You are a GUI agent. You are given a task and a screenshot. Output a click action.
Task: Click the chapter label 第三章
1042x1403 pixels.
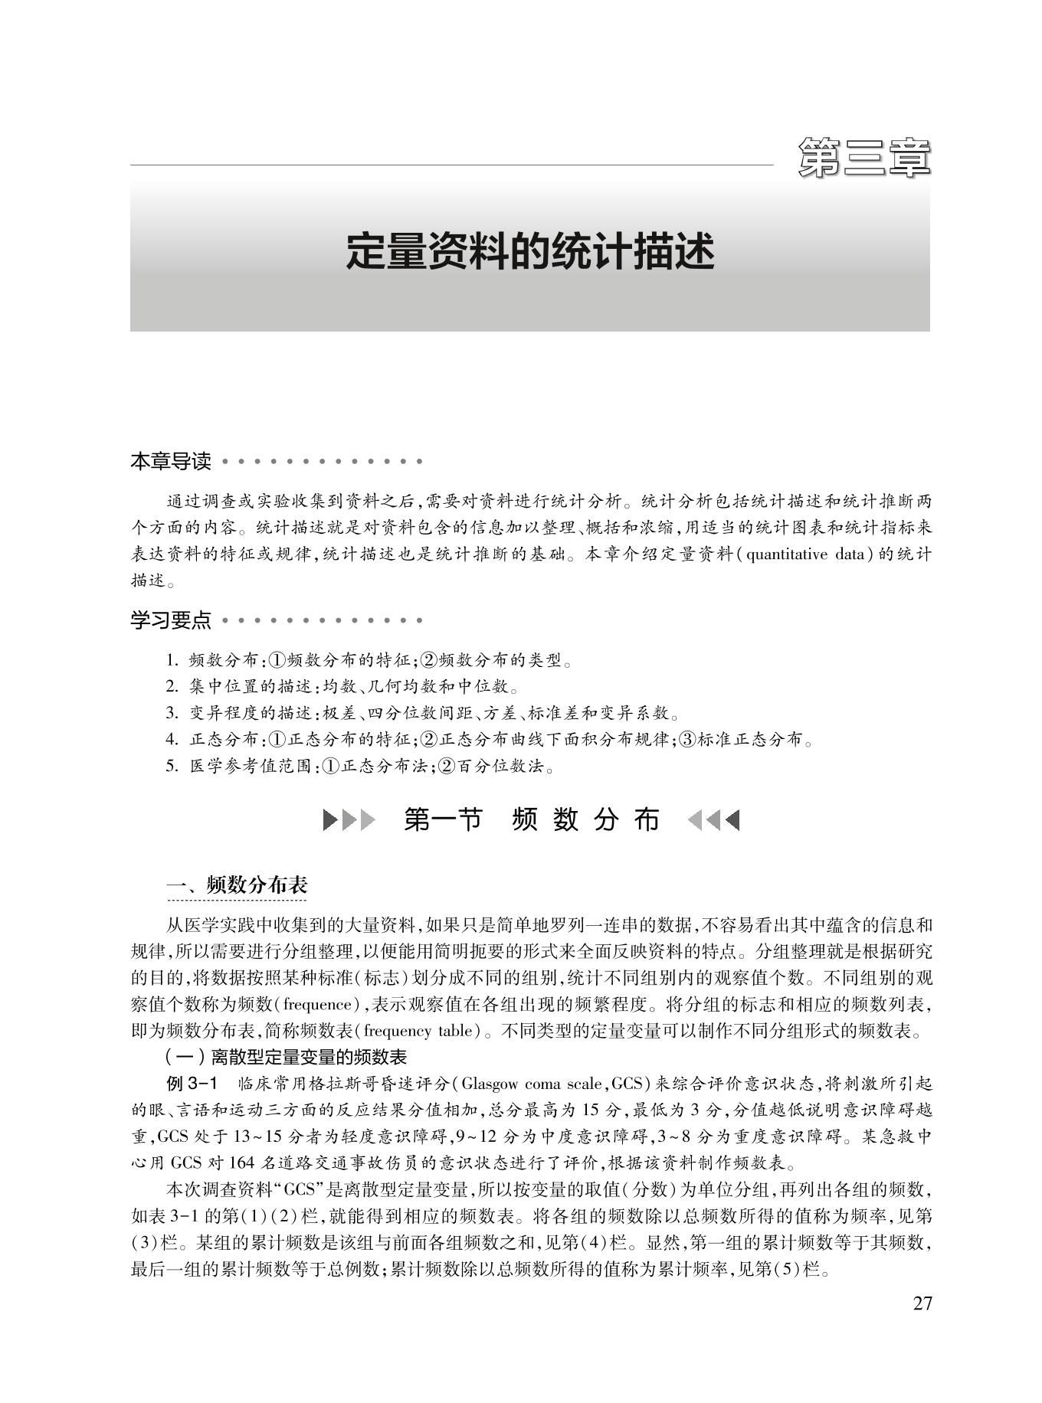(x=863, y=158)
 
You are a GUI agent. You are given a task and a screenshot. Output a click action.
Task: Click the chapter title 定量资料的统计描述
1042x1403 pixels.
(x=529, y=251)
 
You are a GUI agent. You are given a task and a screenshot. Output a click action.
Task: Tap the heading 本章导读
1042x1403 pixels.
(x=170, y=462)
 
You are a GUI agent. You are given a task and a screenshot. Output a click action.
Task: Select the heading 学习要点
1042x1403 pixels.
(x=170, y=620)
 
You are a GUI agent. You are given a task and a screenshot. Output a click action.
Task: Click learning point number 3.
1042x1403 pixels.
(x=421, y=714)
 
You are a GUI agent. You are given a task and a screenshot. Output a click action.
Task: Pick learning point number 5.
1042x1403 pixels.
(x=360, y=766)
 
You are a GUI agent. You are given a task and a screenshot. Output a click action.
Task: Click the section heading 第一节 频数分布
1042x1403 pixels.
(x=531, y=820)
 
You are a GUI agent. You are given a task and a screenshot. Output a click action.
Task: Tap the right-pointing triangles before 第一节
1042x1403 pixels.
(x=349, y=821)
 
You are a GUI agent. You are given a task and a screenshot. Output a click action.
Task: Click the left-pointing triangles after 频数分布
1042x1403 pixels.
(x=713, y=821)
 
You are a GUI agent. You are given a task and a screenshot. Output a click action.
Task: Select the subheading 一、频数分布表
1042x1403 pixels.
(x=237, y=885)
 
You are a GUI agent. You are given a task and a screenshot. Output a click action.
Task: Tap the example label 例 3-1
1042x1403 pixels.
(x=192, y=1084)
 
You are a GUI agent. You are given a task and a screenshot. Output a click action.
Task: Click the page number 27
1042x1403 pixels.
(x=922, y=1303)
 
